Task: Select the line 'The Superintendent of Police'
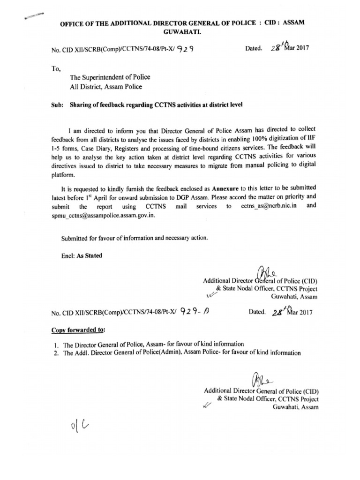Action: tap(110, 77)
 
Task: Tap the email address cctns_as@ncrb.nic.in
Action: tap(271, 206)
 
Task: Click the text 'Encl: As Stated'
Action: tap(82, 256)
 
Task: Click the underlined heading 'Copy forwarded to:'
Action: tap(78, 330)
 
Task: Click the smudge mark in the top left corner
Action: tap(33, 16)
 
